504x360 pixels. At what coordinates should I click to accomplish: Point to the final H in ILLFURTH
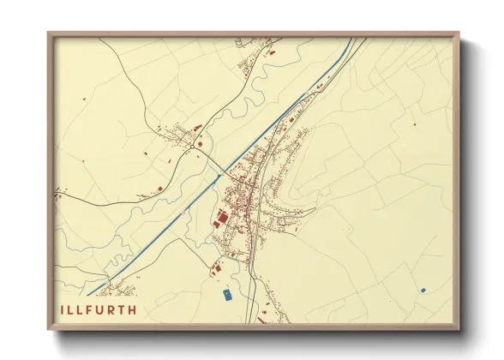tap(131, 309)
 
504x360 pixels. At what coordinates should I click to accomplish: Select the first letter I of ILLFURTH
tap(63, 309)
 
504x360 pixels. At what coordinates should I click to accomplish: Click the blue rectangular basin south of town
tap(226, 296)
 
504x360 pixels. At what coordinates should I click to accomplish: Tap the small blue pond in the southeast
tap(423, 291)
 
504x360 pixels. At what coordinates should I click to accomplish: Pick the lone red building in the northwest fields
tap(85, 100)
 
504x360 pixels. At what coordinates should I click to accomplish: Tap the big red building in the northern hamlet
tap(273, 53)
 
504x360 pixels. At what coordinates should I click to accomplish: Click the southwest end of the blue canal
tap(89, 294)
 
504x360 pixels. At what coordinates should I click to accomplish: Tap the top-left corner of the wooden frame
tap(49, 33)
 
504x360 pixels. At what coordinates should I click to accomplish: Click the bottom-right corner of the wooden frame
tap(459, 330)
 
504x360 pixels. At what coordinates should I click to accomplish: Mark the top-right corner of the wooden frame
tap(459, 33)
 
